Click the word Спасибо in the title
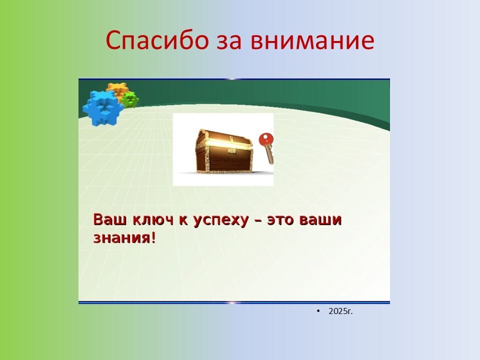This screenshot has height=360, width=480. (157, 40)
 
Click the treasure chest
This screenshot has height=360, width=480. (224, 151)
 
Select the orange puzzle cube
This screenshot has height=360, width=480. (117, 89)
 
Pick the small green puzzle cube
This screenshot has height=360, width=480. (130, 99)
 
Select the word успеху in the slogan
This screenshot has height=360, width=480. (220, 221)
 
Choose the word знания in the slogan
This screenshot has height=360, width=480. (121, 238)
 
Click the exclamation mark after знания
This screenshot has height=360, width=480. (153, 237)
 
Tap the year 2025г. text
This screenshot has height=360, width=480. (340, 311)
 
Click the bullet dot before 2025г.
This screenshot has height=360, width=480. (318, 311)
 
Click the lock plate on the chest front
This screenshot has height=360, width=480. (232, 150)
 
